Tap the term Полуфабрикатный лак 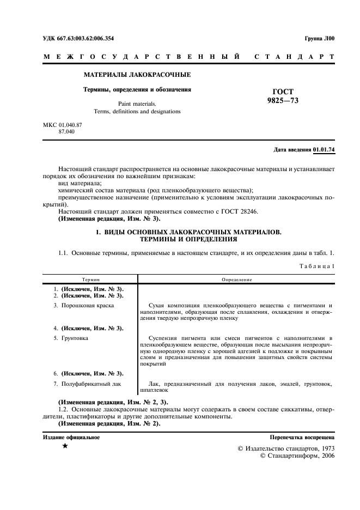click(x=91, y=384)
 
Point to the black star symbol click(x=65, y=447)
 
